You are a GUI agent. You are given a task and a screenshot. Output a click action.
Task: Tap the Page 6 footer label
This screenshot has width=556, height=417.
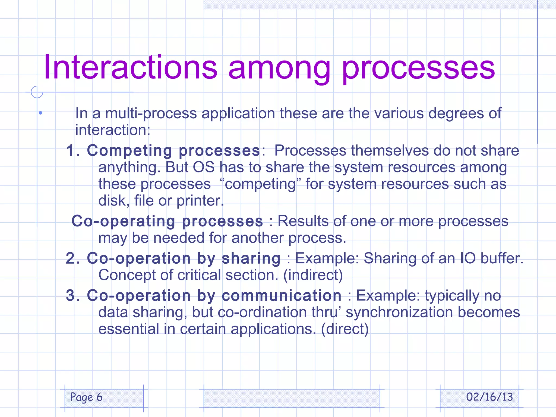coord(86,397)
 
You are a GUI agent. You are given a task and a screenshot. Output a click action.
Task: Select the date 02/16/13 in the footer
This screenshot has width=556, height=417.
coord(489,397)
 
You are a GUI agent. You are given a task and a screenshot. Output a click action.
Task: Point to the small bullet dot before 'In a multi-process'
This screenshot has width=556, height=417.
coord(40,113)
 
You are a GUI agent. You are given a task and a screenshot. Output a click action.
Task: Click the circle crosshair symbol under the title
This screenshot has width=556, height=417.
coord(37,92)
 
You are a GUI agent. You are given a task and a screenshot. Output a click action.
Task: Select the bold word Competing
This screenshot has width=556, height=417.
coord(129,151)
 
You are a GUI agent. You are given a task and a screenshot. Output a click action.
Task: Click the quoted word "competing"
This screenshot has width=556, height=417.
coord(260,184)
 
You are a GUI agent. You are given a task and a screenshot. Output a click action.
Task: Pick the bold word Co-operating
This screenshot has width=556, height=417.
coord(123,221)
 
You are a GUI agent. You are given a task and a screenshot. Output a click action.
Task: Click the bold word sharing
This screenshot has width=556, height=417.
coord(251,258)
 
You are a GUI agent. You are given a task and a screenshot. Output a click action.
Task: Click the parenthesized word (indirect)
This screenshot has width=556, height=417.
coord(313,275)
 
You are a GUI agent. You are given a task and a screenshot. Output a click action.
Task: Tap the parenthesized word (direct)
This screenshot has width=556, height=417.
coord(345,329)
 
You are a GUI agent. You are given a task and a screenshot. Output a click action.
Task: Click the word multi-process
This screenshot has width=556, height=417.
coord(151,113)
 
